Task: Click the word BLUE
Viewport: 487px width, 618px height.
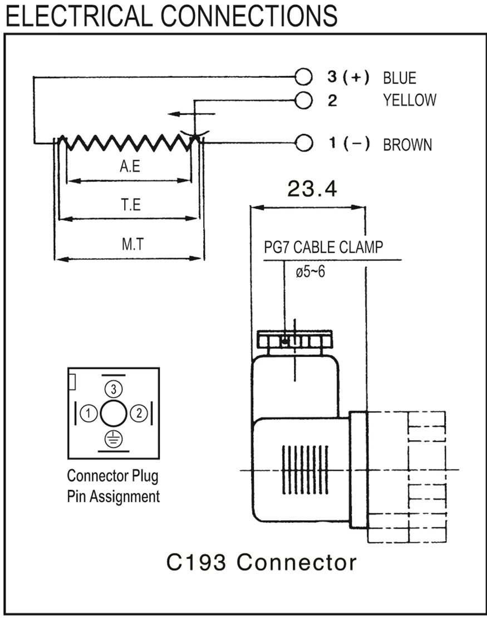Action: point(399,77)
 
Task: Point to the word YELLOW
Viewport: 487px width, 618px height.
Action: point(409,100)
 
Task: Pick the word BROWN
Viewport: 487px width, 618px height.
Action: point(407,145)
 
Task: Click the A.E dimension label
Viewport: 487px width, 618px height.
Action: point(129,166)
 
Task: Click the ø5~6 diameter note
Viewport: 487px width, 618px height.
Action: point(311,273)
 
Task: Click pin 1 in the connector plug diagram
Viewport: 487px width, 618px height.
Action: point(88,413)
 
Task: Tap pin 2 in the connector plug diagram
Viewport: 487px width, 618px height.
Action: point(139,413)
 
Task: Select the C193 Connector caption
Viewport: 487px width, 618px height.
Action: point(262,562)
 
